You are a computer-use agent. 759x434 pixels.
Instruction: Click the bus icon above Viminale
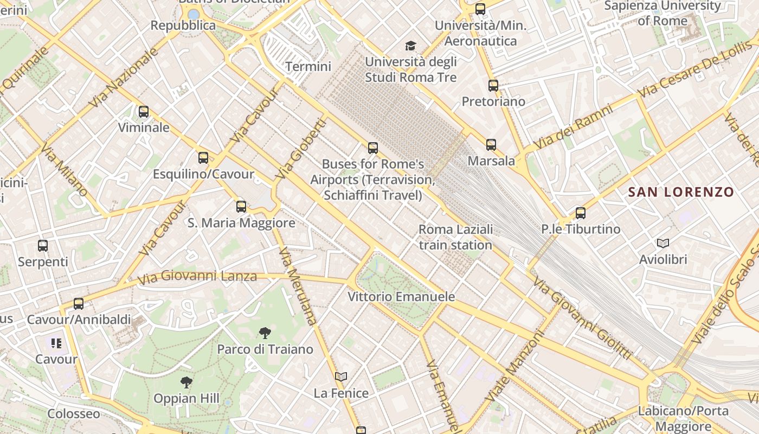pos(143,112)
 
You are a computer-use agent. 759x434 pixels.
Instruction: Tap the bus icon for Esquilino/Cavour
pos(203,158)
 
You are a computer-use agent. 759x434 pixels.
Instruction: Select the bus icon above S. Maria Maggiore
pos(241,206)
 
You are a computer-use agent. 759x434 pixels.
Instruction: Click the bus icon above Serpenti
pos(43,245)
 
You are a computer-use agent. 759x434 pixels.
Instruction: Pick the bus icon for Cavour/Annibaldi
pos(79,303)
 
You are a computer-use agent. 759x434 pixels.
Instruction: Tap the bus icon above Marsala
pos(491,144)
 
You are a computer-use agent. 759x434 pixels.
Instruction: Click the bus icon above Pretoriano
pos(493,85)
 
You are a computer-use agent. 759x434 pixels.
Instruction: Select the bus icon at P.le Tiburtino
pos(581,213)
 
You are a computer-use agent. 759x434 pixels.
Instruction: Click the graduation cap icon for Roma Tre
pos(411,46)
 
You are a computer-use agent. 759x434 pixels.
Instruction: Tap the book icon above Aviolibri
pos(662,243)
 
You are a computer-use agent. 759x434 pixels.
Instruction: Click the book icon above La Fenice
pos(340,376)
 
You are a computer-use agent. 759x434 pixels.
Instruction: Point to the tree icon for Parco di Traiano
pos(265,333)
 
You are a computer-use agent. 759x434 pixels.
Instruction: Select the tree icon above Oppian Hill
pos(186,382)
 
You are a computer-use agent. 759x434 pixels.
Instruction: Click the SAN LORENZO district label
pos(681,192)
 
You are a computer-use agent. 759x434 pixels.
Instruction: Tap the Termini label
pos(308,67)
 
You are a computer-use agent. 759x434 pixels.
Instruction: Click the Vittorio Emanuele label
pos(401,297)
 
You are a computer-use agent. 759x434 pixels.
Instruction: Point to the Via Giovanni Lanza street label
pos(197,277)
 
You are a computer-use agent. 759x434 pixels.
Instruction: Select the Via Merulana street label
pos(297,285)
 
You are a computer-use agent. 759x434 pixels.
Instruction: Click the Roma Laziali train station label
pos(455,237)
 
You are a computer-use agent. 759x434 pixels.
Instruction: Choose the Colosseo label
pos(74,414)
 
